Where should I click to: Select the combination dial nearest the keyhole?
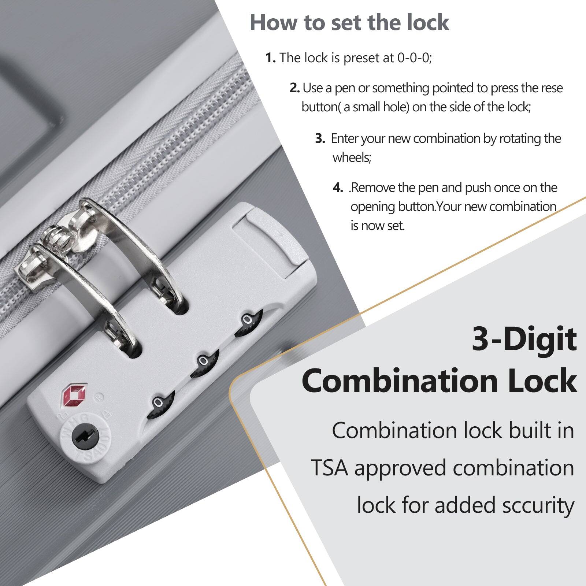(160, 404)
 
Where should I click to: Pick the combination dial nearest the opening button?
(249, 322)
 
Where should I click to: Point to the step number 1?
(270, 58)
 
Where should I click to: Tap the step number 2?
(294, 88)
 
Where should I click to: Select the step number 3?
(320, 138)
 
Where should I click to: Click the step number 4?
(337, 188)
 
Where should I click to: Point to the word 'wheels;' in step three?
(352, 158)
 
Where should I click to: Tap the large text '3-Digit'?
(524, 340)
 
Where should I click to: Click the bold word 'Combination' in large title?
(400, 381)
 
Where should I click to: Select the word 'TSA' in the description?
(330, 468)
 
